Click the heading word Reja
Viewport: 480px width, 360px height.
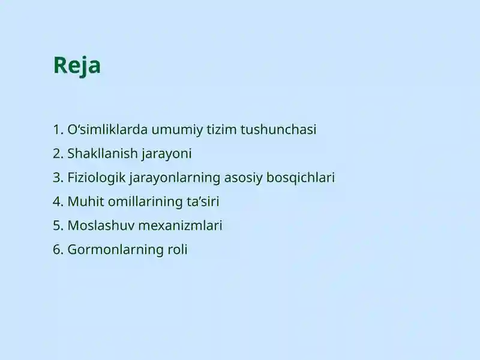coord(77,65)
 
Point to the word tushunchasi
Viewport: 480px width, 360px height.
coord(278,130)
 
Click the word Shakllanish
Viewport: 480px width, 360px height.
coord(103,154)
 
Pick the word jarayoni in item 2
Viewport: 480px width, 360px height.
coord(167,154)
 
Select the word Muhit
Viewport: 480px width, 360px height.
coord(83,202)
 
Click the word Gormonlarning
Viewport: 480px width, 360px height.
coord(113,250)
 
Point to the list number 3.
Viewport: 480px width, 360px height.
coord(57,178)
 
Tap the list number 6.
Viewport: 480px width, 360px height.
coord(57,250)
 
